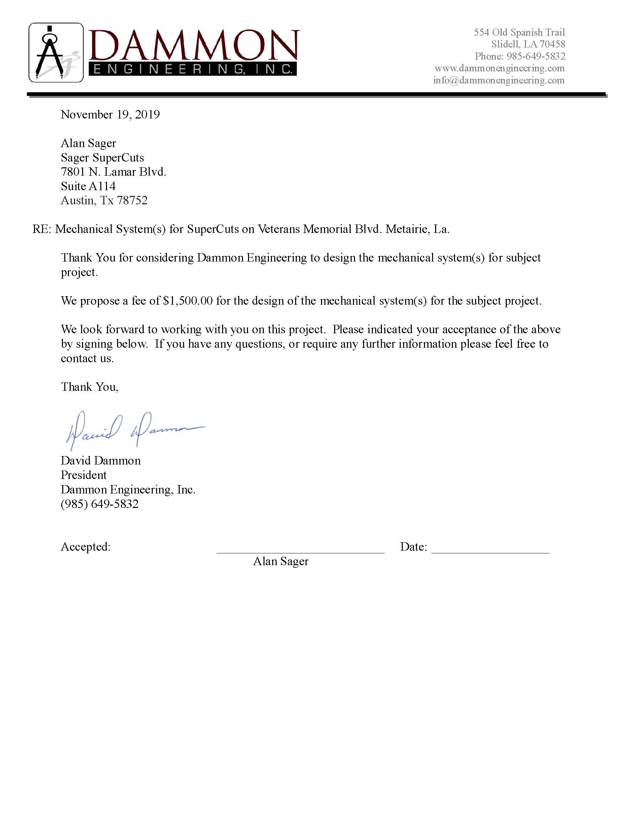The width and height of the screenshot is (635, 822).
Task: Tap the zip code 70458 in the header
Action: click(552, 44)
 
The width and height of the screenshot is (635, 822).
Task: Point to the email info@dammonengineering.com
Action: click(498, 80)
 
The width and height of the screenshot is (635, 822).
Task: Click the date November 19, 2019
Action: click(110, 114)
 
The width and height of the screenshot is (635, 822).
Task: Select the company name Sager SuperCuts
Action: click(102, 157)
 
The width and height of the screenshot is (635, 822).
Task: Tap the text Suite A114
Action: click(88, 186)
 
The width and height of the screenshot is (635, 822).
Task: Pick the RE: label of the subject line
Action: click(42, 229)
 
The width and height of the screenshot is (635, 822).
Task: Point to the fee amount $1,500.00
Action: click(188, 301)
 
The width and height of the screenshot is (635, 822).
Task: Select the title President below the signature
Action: click(83, 475)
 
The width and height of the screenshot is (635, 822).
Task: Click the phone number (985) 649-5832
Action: click(100, 504)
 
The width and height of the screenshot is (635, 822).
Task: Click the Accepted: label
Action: click(86, 547)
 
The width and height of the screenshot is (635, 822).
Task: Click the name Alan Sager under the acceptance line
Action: click(281, 561)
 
